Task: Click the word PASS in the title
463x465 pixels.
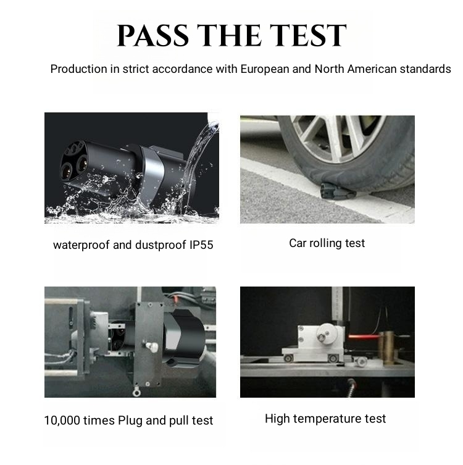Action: [x=153, y=36]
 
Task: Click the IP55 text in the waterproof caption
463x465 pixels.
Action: [x=201, y=245]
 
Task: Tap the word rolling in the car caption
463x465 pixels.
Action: [x=325, y=243]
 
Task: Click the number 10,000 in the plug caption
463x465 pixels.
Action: [x=62, y=421]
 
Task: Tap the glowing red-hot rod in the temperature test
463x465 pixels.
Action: [x=363, y=337]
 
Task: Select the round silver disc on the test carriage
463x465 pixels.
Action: [x=328, y=334]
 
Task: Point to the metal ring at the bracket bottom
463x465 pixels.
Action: [x=136, y=393]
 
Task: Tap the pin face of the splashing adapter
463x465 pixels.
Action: [x=73, y=161]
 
